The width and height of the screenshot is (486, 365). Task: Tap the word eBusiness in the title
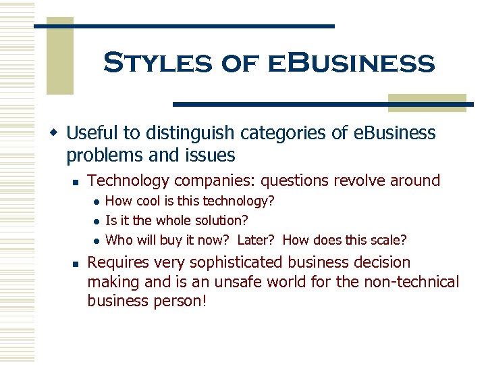click(x=351, y=64)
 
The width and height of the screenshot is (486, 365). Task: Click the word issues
click(x=212, y=155)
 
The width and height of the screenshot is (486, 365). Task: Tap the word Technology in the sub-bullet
click(x=130, y=180)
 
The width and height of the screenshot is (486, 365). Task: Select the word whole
click(x=173, y=220)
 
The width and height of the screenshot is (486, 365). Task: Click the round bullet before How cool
click(x=97, y=201)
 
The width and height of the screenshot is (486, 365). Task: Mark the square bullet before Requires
click(x=76, y=263)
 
